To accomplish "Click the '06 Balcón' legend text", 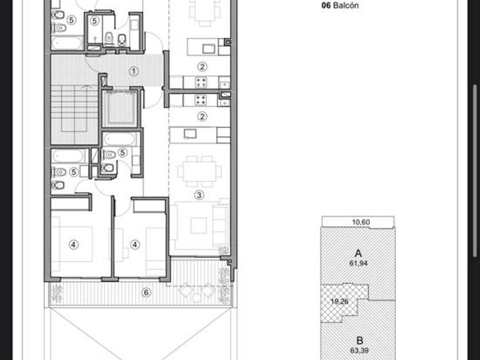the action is tap(340, 5).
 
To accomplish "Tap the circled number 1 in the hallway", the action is tap(134, 71).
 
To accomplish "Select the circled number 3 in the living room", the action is tap(199, 195).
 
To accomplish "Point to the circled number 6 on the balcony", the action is tap(146, 293).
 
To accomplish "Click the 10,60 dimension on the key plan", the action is tap(361, 222).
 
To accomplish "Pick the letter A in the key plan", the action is tap(358, 254).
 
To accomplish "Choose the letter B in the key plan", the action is tap(359, 341).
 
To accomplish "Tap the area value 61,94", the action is tap(358, 263).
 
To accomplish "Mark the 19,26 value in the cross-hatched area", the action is tap(339, 302).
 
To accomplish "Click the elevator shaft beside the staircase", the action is tap(119, 109).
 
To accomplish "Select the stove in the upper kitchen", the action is tap(201, 82).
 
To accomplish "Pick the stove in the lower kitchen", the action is tap(201, 100).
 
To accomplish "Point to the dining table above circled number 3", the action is tap(199, 171).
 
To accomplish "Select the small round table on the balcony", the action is tap(197, 298).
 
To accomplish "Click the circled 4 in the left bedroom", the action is tap(74, 245).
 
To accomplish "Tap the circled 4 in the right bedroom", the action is tap(135, 245).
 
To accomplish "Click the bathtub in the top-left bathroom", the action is tap(67, 43).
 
